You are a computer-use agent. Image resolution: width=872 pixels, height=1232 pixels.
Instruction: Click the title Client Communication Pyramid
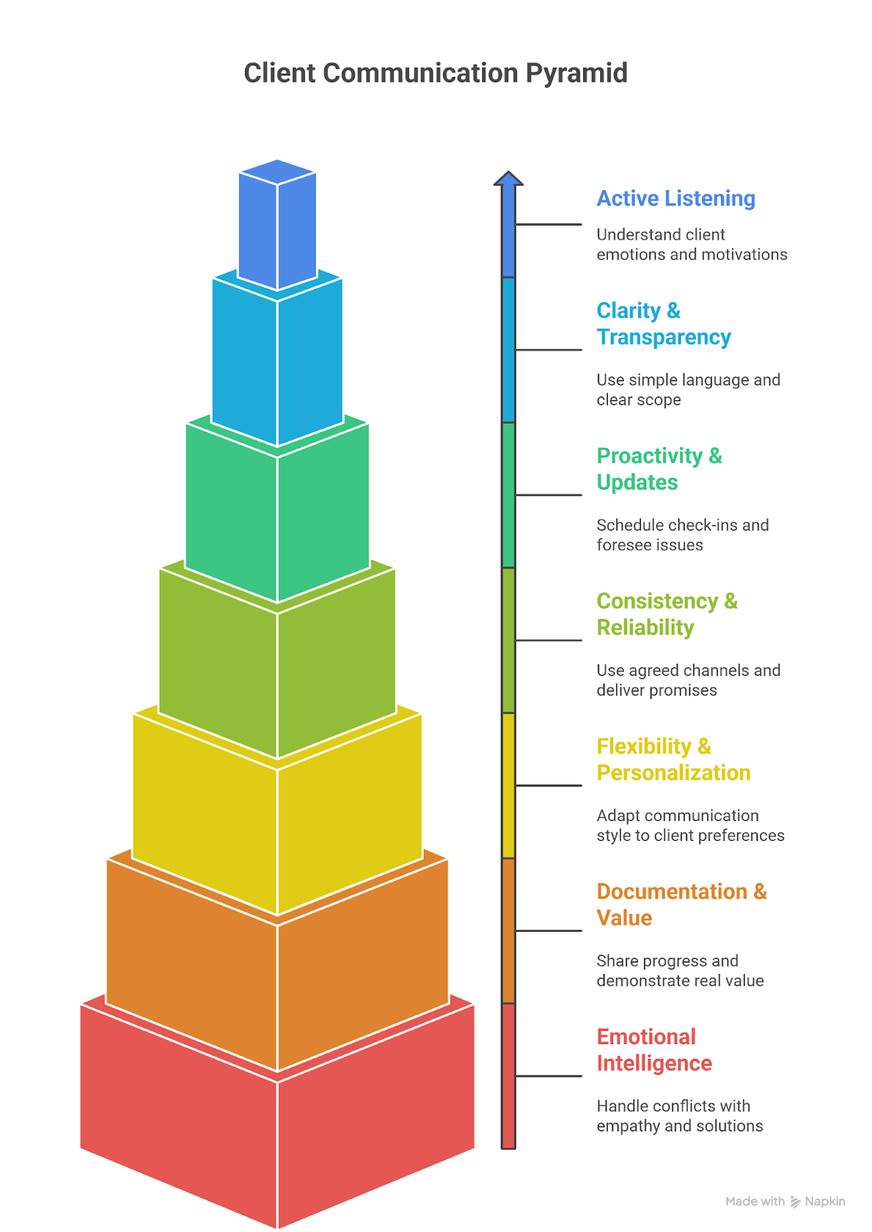point(435,73)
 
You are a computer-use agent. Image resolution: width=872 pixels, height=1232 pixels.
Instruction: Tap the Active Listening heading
point(676,199)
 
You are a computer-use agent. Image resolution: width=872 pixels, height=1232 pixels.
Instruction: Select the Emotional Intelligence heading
point(653,1050)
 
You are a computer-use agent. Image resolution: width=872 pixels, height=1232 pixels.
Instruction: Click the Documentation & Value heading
point(681,904)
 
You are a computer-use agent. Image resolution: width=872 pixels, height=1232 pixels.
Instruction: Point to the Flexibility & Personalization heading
point(672,759)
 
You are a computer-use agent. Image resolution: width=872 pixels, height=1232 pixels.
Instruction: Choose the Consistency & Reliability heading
point(666,614)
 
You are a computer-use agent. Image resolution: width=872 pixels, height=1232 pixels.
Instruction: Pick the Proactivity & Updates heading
point(659,469)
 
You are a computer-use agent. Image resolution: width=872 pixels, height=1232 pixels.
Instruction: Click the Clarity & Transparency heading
point(663,323)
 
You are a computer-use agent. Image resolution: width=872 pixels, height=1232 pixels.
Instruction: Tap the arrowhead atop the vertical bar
point(508,179)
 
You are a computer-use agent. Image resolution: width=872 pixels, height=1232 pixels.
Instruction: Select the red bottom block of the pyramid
point(277,1140)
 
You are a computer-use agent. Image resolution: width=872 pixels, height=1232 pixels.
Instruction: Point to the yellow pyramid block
point(277,832)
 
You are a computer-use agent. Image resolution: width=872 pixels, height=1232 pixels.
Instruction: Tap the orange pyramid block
point(277,986)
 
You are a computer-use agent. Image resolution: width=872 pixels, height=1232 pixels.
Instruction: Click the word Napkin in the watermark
point(824,1201)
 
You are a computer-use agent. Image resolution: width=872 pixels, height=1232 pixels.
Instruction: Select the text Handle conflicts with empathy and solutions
point(679,1116)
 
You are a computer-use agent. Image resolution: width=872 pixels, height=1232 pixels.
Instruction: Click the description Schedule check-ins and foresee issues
point(682,534)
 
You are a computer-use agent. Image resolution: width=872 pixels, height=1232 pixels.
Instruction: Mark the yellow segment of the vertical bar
point(508,785)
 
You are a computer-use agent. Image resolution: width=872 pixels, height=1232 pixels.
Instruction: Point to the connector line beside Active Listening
point(548,225)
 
